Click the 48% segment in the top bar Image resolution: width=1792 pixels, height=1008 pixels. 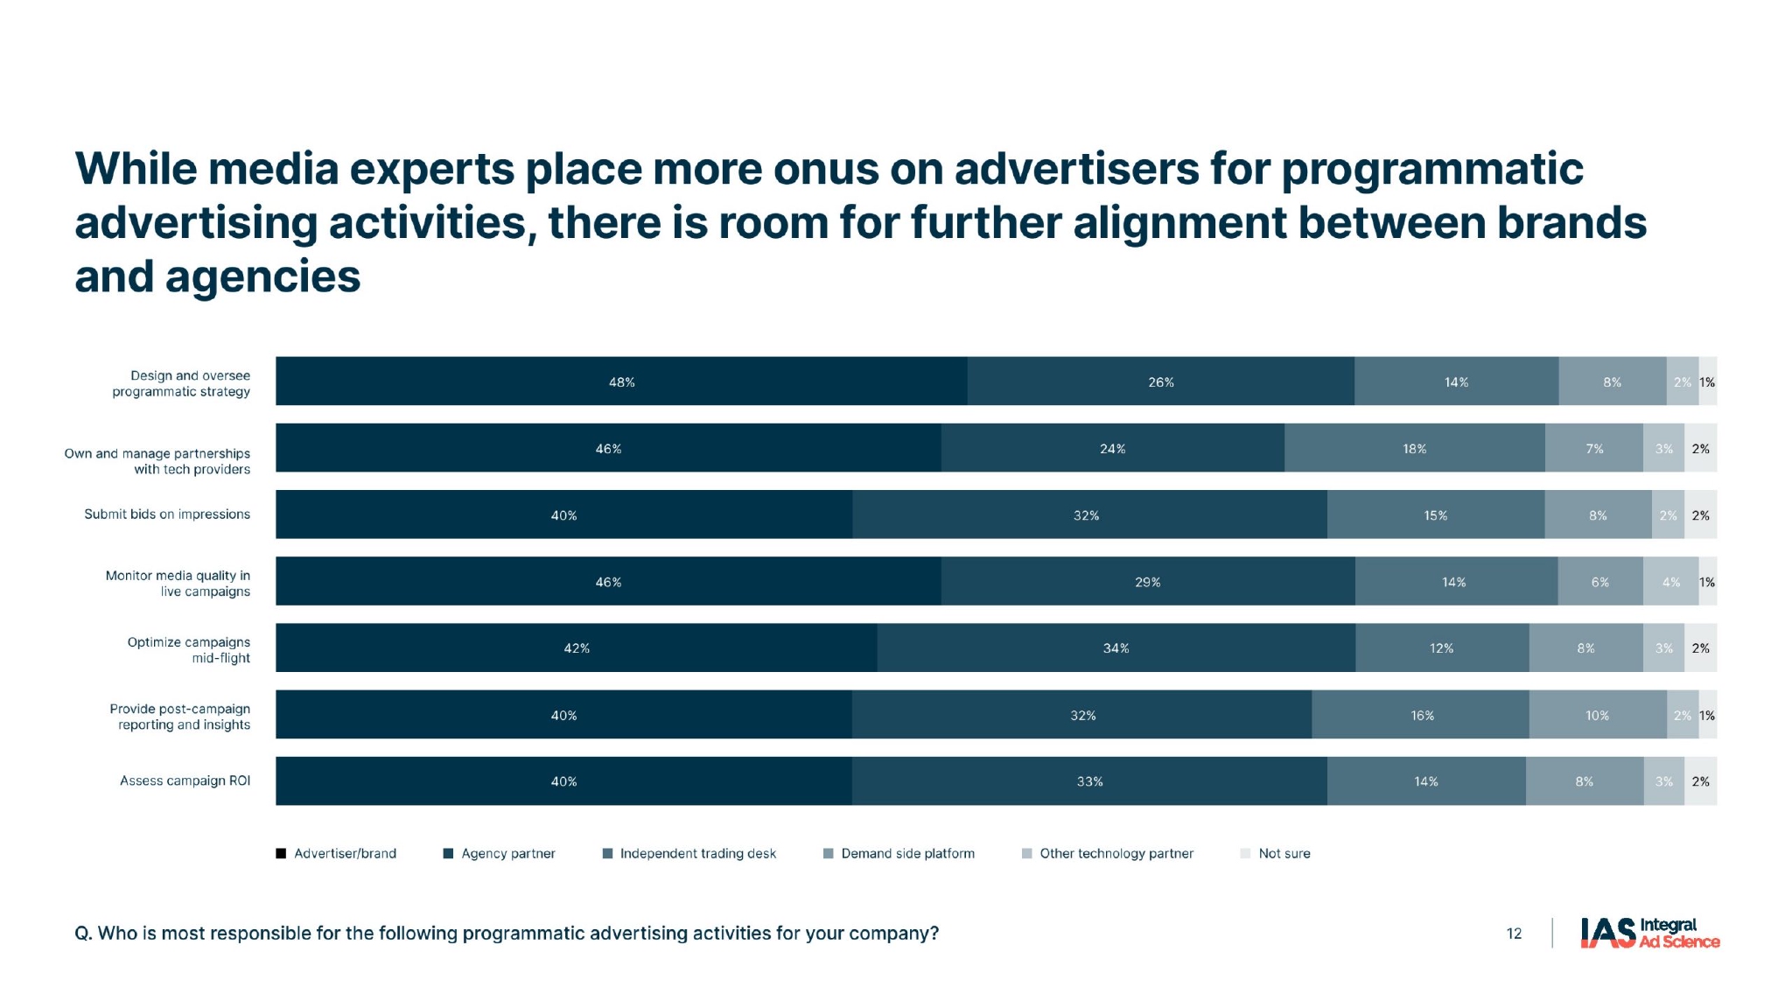[x=621, y=381]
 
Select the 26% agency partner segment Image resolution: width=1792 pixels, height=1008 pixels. [x=1160, y=381]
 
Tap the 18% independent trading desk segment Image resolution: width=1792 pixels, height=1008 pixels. [x=1414, y=448]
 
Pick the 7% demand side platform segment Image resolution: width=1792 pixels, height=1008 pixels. [x=1594, y=448]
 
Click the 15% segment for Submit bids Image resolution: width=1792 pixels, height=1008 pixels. [x=1435, y=514]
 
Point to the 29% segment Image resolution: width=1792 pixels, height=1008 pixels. [x=1147, y=581]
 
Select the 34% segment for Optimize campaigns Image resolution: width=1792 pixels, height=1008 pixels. [x=1116, y=647]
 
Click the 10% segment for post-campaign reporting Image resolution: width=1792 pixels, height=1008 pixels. [x=1597, y=715]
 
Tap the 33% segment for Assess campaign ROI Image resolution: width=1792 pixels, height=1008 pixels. [x=1089, y=780]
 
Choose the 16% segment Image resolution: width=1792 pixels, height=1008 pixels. [x=1422, y=715]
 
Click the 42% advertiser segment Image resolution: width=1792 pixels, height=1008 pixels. [x=576, y=647]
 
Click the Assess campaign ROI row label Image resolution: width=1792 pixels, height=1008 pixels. [x=185, y=780]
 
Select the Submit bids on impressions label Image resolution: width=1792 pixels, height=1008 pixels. [x=167, y=514]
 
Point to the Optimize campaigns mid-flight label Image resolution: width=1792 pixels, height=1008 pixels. [x=189, y=649]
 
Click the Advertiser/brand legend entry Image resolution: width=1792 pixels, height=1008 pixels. [x=345, y=853]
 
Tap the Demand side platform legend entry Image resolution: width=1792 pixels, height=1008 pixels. [x=907, y=853]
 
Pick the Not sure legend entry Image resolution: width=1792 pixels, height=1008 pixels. [x=1284, y=853]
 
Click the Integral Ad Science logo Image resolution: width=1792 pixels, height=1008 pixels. [x=1649, y=933]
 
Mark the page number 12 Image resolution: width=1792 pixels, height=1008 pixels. [x=1514, y=934]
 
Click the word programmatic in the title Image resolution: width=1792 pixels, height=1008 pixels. [x=1432, y=169]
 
